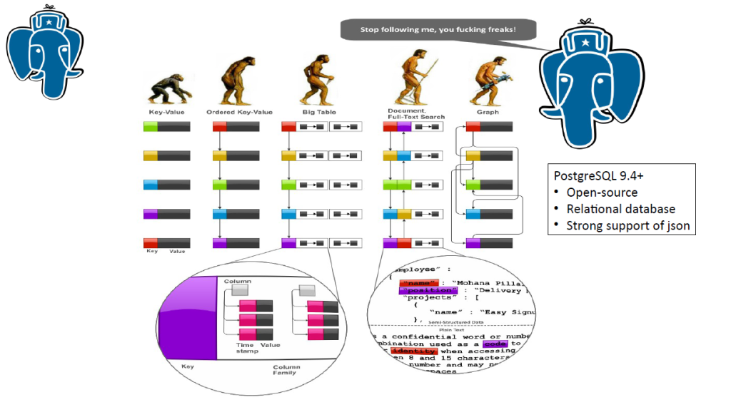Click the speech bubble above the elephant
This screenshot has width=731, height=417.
[x=437, y=31]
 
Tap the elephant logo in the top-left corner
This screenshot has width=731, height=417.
[x=39, y=50]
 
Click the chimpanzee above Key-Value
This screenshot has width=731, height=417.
[x=166, y=90]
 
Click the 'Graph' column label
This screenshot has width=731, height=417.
[x=488, y=113]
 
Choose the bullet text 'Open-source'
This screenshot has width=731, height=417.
[x=602, y=192]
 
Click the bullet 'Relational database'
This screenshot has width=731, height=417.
[x=620, y=209]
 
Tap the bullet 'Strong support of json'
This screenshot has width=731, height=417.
[x=628, y=226]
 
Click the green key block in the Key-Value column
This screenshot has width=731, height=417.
[x=151, y=126]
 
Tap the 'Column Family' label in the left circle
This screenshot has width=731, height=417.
[x=286, y=369]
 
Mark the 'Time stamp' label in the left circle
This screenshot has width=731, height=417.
[x=246, y=349]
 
